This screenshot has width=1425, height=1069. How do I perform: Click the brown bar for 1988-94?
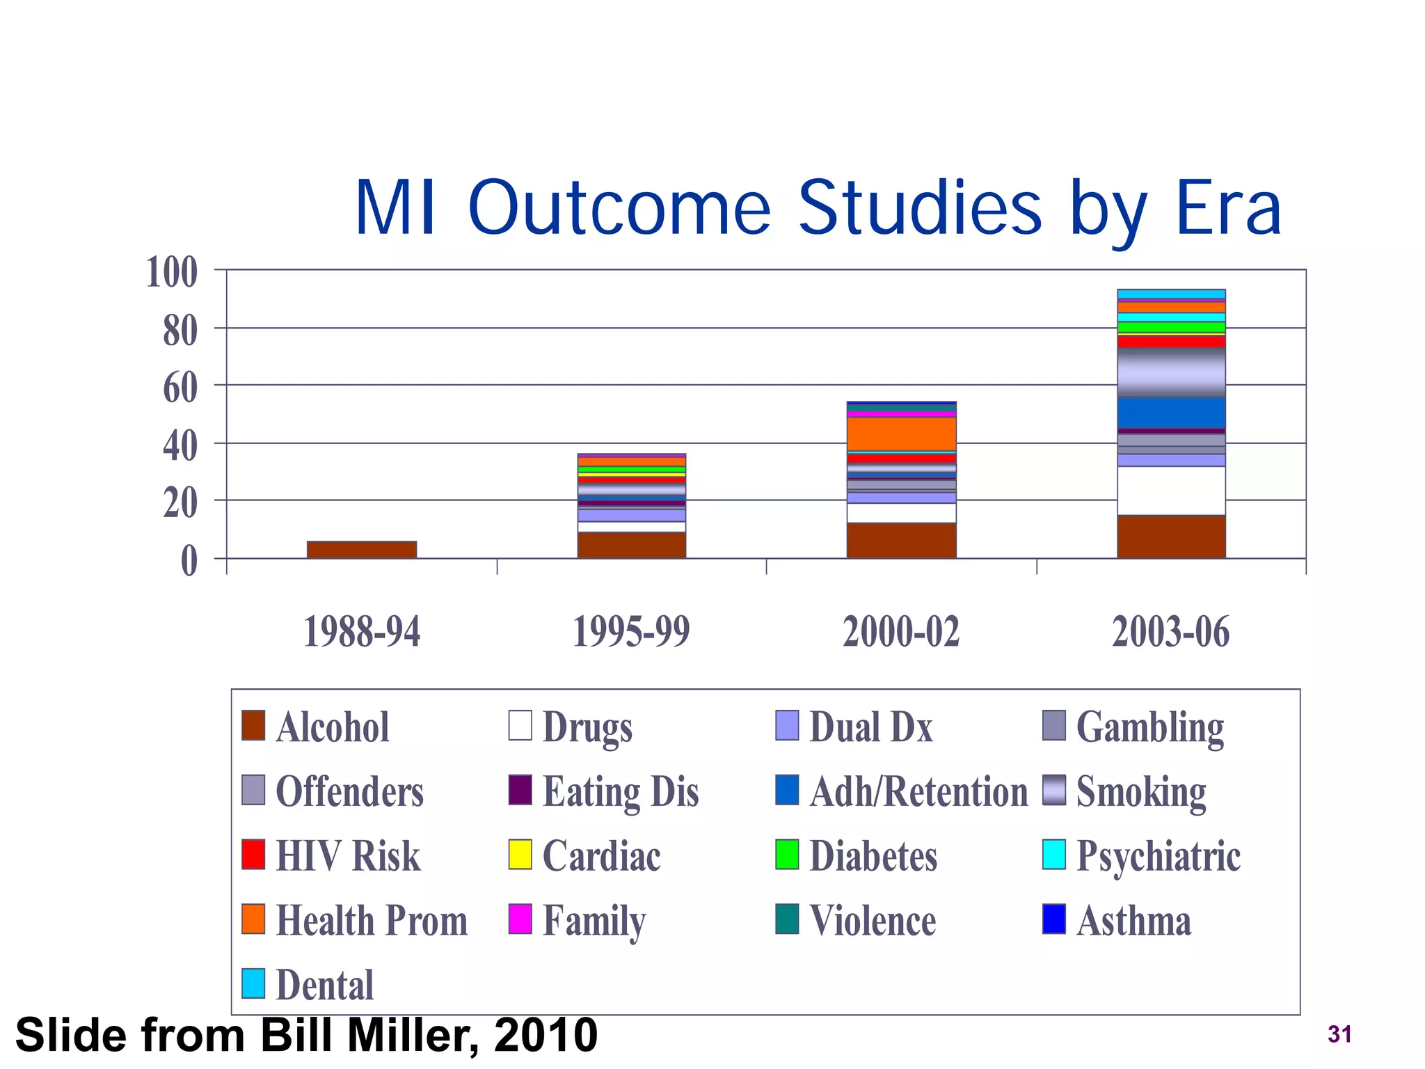[x=362, y=550]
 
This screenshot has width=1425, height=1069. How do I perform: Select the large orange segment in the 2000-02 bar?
[x=901, y=434]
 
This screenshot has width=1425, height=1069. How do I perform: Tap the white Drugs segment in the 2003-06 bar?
[x=1171, y=491]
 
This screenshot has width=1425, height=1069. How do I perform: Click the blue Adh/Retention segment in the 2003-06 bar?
[x=1171, y=413]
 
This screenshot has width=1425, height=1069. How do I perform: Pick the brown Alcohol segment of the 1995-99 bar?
[x=631, y=545]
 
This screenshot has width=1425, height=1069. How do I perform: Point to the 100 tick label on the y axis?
[x=172, y=272]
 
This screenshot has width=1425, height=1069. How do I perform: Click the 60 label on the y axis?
[x=180, y=388]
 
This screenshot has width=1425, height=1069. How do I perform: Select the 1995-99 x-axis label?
[x=630, y=632]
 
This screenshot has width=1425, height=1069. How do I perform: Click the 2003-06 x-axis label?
[x=1171, y=632]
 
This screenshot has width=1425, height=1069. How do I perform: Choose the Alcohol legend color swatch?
[x=253, y=725]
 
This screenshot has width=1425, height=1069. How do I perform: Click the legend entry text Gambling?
[x=1149, y=727]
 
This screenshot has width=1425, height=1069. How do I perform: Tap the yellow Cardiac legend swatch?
[x=520, y=855]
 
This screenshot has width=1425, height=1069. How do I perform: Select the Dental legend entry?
[x=324, y=985]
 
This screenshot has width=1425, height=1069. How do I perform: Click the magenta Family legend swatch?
[x=520, y=919]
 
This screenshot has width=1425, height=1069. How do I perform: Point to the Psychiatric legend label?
[x=1158, y=856]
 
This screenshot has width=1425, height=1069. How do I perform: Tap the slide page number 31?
[x=1339, y=1035]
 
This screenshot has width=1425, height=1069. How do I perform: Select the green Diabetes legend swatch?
[x=787, y=855]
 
